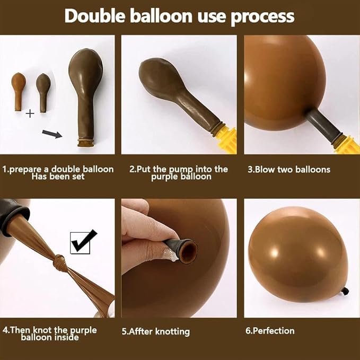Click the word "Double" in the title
click(95, 16)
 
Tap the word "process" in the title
click(262, 17)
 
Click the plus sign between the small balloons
click(30, 113)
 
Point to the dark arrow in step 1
click(52, 134)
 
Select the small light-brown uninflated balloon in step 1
click(18, 92)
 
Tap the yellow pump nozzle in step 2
click(227, 140)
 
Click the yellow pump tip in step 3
click(348, 144)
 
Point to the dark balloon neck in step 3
click(324, 124)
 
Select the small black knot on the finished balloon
click(345, 292)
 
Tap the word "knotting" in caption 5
click(172, 332)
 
